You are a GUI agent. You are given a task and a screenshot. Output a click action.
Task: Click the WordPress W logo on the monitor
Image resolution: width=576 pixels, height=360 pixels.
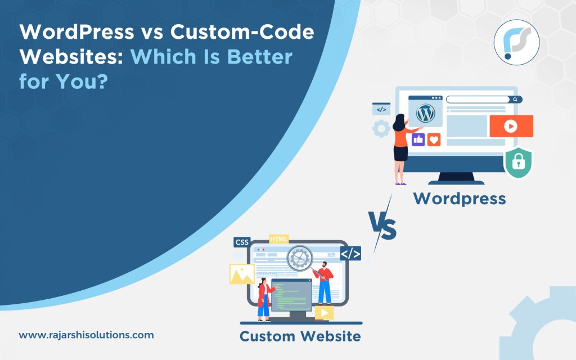click(x=425, y=113)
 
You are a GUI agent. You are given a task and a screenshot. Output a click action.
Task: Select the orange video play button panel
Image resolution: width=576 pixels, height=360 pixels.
click(x=511, y=126)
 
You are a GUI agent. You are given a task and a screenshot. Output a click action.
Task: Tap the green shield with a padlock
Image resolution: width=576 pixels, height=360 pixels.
click(x=517, y=163)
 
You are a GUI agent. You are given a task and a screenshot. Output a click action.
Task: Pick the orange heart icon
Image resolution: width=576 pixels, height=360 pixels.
click(x=434, y=139)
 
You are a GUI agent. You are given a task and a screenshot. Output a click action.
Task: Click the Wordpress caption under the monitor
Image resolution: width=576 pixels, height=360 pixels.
click(x=460, y=198)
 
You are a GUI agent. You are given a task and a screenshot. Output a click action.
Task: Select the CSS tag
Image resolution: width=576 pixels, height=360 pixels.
click(x=242, y=242)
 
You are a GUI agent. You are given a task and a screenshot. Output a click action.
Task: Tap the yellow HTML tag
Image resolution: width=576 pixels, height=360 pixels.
click(x=279, y=239)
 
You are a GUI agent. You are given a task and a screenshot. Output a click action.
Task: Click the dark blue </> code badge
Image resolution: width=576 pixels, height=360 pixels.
click(x=350, y=254)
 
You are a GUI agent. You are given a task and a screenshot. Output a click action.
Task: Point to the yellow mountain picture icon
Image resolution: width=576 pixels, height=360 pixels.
click(x=242, y=274)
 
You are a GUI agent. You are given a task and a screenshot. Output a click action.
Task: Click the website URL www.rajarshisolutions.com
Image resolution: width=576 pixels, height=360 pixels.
click(x=86, y=335)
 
